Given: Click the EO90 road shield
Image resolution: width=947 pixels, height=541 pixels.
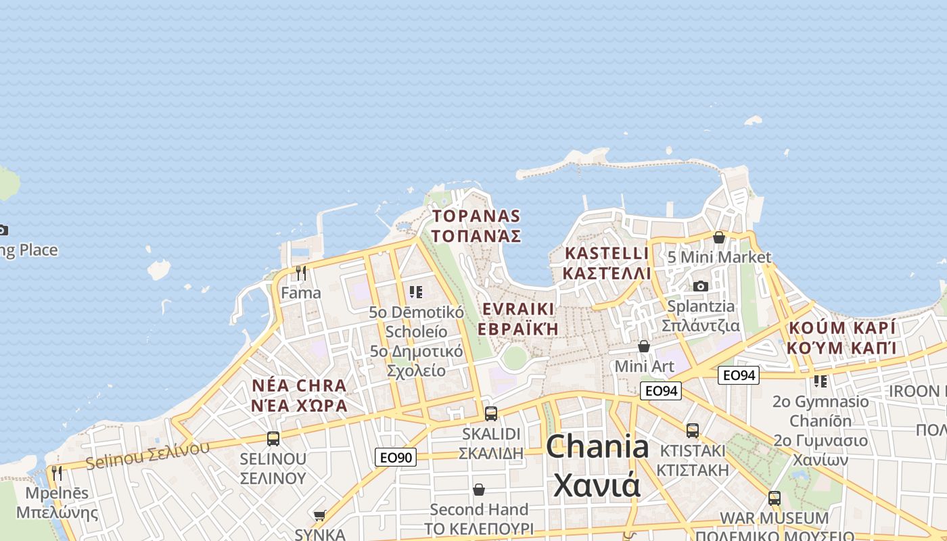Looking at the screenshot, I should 396,457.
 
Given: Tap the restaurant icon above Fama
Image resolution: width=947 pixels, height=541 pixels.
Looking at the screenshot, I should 301,273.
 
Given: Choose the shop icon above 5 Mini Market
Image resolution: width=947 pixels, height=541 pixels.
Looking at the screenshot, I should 718,237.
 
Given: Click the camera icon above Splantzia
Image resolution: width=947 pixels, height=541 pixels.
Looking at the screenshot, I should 701,286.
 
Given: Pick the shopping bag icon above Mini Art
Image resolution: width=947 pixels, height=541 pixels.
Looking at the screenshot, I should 644,346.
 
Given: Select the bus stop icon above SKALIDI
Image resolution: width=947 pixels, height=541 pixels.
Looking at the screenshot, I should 491,413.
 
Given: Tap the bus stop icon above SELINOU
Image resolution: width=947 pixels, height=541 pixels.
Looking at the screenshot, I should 273,438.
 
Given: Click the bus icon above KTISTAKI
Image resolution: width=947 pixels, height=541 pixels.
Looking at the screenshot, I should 692,430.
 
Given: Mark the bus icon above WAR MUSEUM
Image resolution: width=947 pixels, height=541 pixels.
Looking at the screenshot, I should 775,498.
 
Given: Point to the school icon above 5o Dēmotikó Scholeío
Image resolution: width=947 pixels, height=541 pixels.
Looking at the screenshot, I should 416,292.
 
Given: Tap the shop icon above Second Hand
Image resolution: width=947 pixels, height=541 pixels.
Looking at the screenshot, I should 479,489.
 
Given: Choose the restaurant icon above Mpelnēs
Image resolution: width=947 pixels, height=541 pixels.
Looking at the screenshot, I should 57,473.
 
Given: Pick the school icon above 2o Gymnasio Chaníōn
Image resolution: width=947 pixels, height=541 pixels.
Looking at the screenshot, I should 821,381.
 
